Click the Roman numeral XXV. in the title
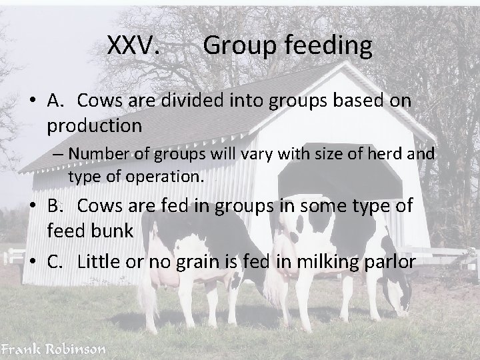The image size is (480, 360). tap(133, 46)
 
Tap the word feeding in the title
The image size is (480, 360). tap(330, 47)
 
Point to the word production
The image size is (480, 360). tap(94, 125)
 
